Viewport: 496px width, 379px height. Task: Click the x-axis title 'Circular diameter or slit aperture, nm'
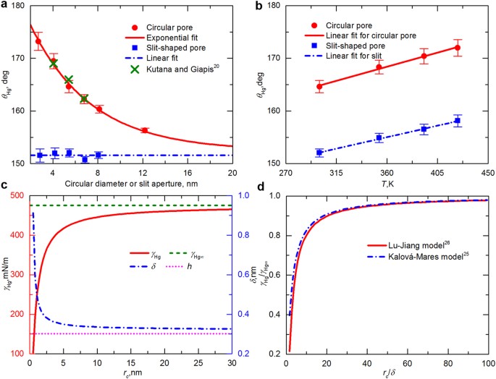[130, 184]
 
